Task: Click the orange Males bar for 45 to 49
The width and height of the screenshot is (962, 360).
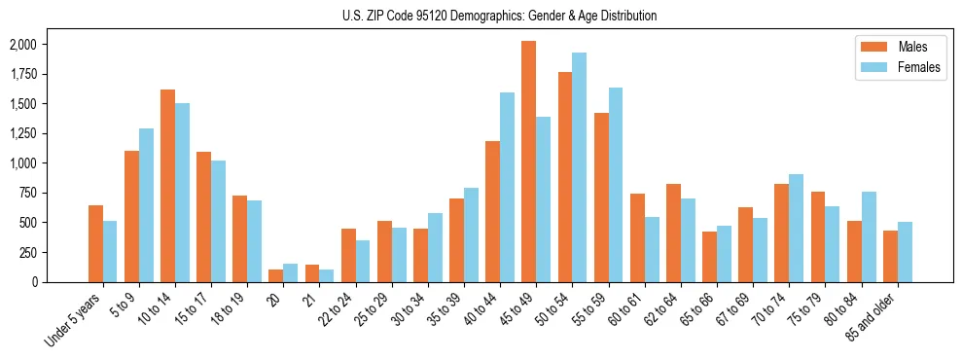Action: [528, 162]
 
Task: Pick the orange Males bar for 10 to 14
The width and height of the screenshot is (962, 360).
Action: [167, 186]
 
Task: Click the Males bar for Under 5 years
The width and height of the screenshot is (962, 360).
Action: [95, 243]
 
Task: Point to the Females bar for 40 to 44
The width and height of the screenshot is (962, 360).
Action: [507, 187]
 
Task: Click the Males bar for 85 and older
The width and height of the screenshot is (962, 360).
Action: [890, 256]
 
